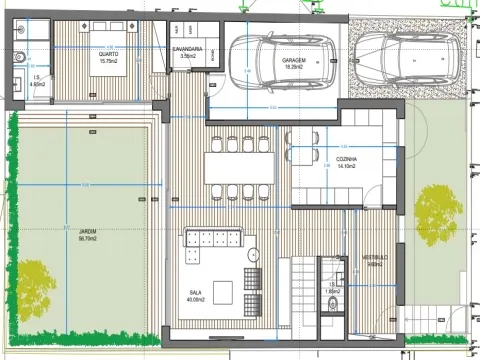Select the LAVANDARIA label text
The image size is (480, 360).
click(x=187, y=52)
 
